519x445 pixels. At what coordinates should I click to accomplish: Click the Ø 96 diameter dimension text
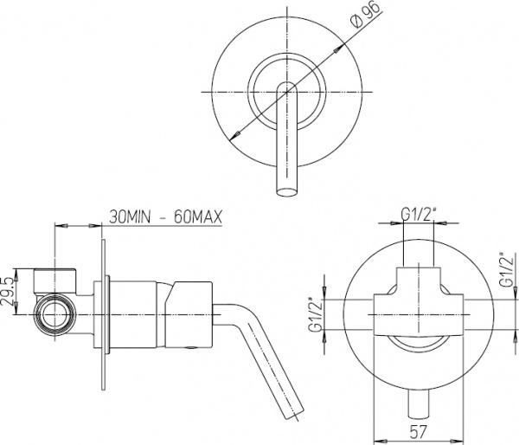(x=365, y=16)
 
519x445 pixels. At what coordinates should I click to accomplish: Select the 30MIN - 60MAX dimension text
(x=165, y=217)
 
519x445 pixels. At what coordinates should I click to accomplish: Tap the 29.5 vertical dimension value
(x=8, y=292)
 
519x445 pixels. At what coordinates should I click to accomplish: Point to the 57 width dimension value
(x=419, y=431)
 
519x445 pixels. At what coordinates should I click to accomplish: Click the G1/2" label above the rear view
(x=418, y=215)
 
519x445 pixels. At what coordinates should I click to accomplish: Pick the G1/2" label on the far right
(x=507, y=270)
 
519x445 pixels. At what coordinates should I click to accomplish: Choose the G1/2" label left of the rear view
(x=315, y=315)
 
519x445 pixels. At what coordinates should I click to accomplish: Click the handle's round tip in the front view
(x=287, y=192)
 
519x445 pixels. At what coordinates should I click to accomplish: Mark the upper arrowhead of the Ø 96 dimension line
(x=337, y=49)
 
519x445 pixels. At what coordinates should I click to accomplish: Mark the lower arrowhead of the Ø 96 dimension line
(x=234, y=134)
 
